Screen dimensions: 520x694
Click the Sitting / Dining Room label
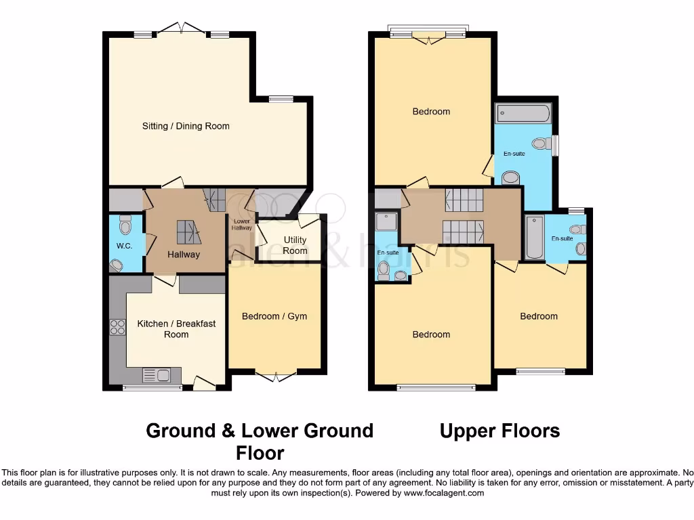click(186, 126)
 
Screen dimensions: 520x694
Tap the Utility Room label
click(295, 245)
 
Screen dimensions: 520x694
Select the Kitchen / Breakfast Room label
click(176, 328)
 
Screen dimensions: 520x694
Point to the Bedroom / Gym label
click(274, 316)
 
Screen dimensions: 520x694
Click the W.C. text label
click(124, 246)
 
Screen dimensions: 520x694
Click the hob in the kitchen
click(117, 326)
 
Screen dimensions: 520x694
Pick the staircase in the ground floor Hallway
click(189, 232)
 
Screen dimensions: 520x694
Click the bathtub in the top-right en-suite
click(523, 113)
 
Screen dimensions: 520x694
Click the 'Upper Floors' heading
click(499, 431)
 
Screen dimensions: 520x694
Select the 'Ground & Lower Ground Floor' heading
click(260, 441)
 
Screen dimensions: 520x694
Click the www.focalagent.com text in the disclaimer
click(445, 494)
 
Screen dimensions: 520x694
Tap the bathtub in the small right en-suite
click(534, 237)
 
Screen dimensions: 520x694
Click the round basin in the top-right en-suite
click(511, 177)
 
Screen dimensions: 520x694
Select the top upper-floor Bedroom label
click(431, 112)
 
